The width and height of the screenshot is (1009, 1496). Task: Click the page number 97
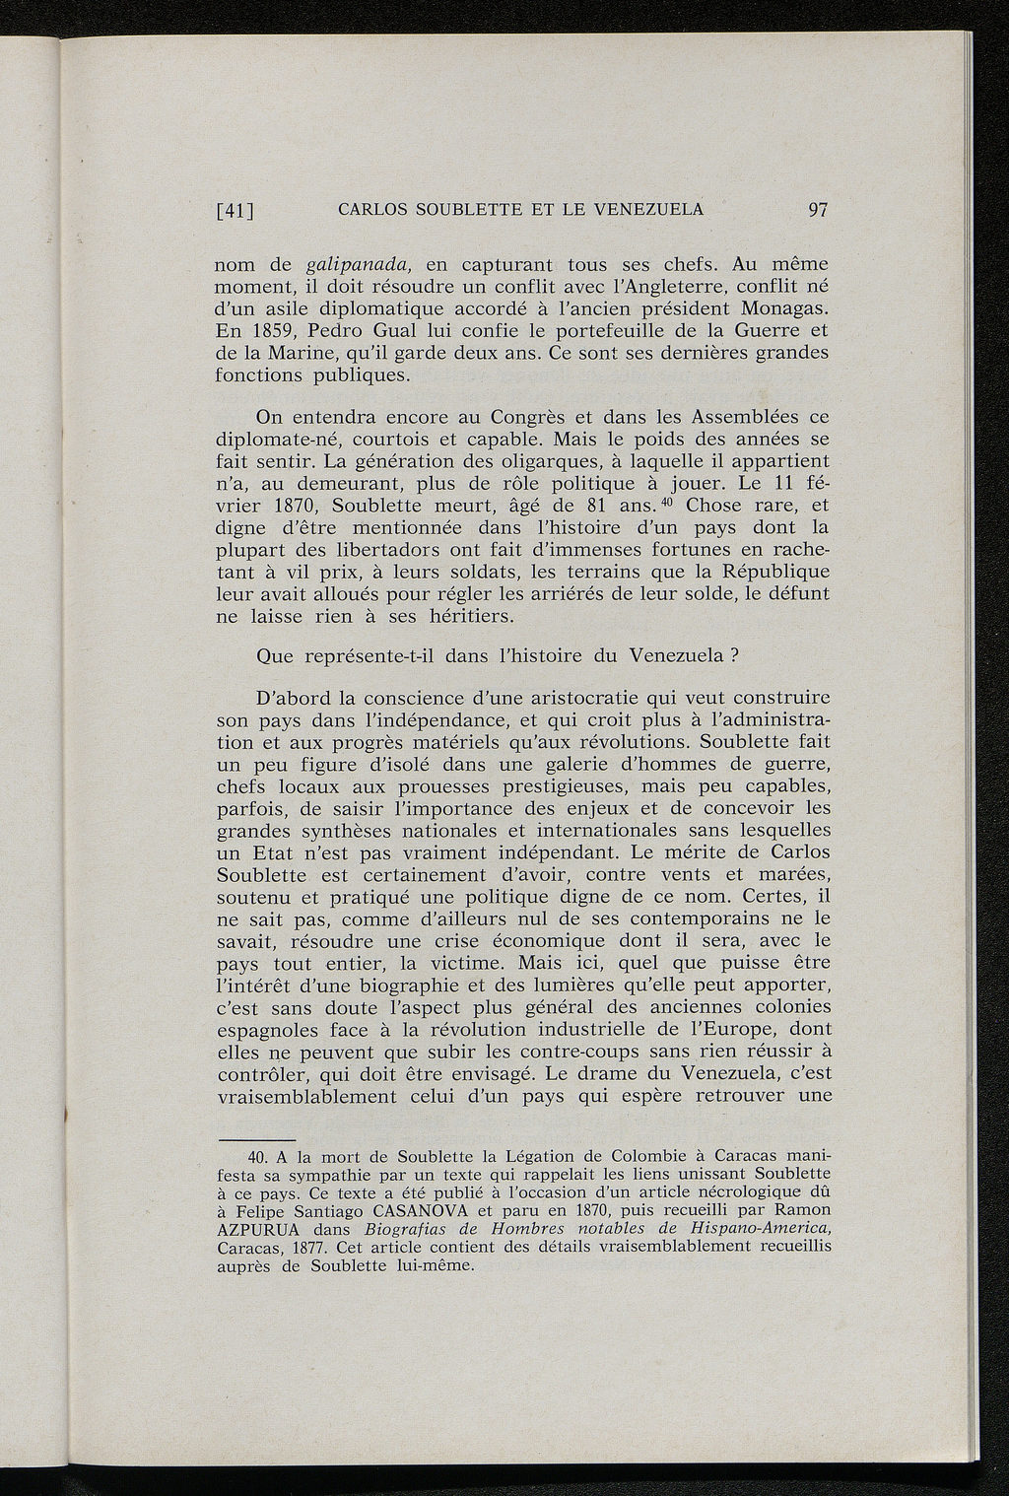(x=817, y=209)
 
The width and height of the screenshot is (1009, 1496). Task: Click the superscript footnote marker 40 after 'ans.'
(x=665, y=502)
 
